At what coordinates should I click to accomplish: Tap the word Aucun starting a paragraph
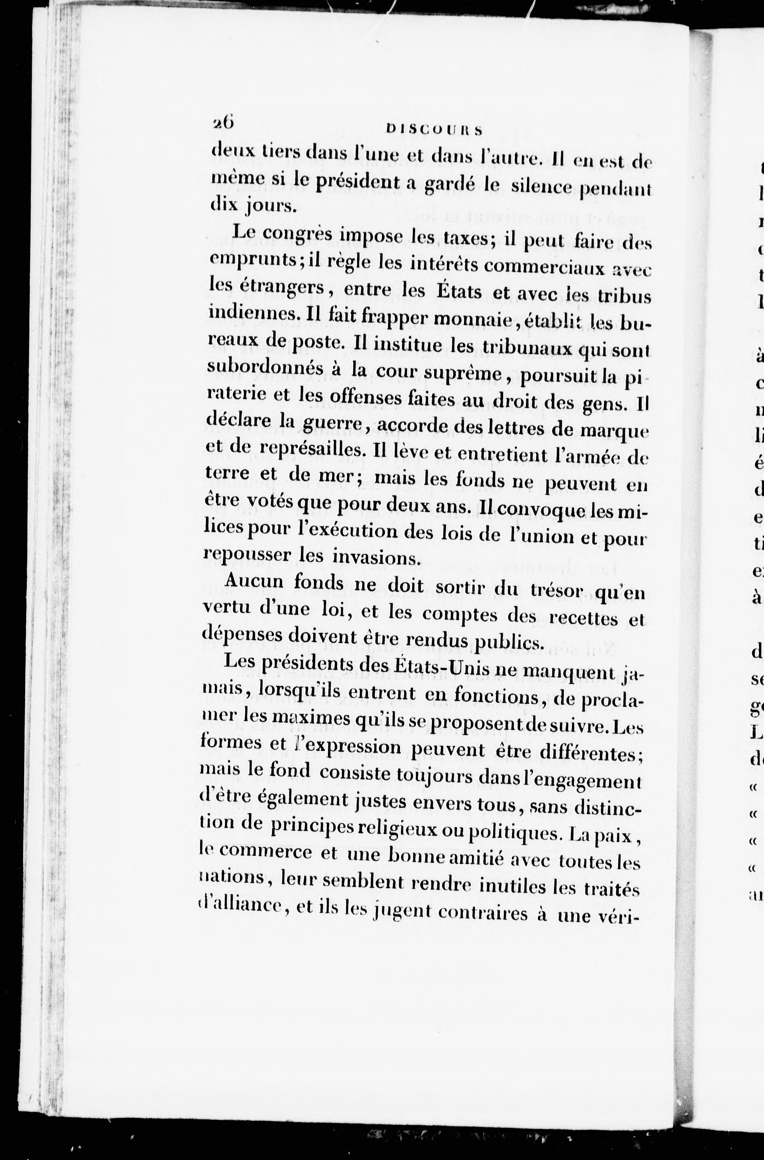tap(254, 581)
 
